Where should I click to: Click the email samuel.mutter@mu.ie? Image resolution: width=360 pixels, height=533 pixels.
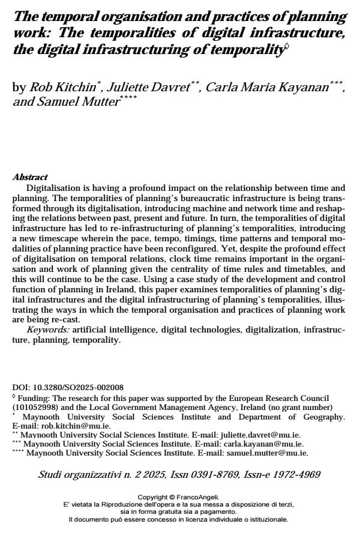click(x=274, y=453)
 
